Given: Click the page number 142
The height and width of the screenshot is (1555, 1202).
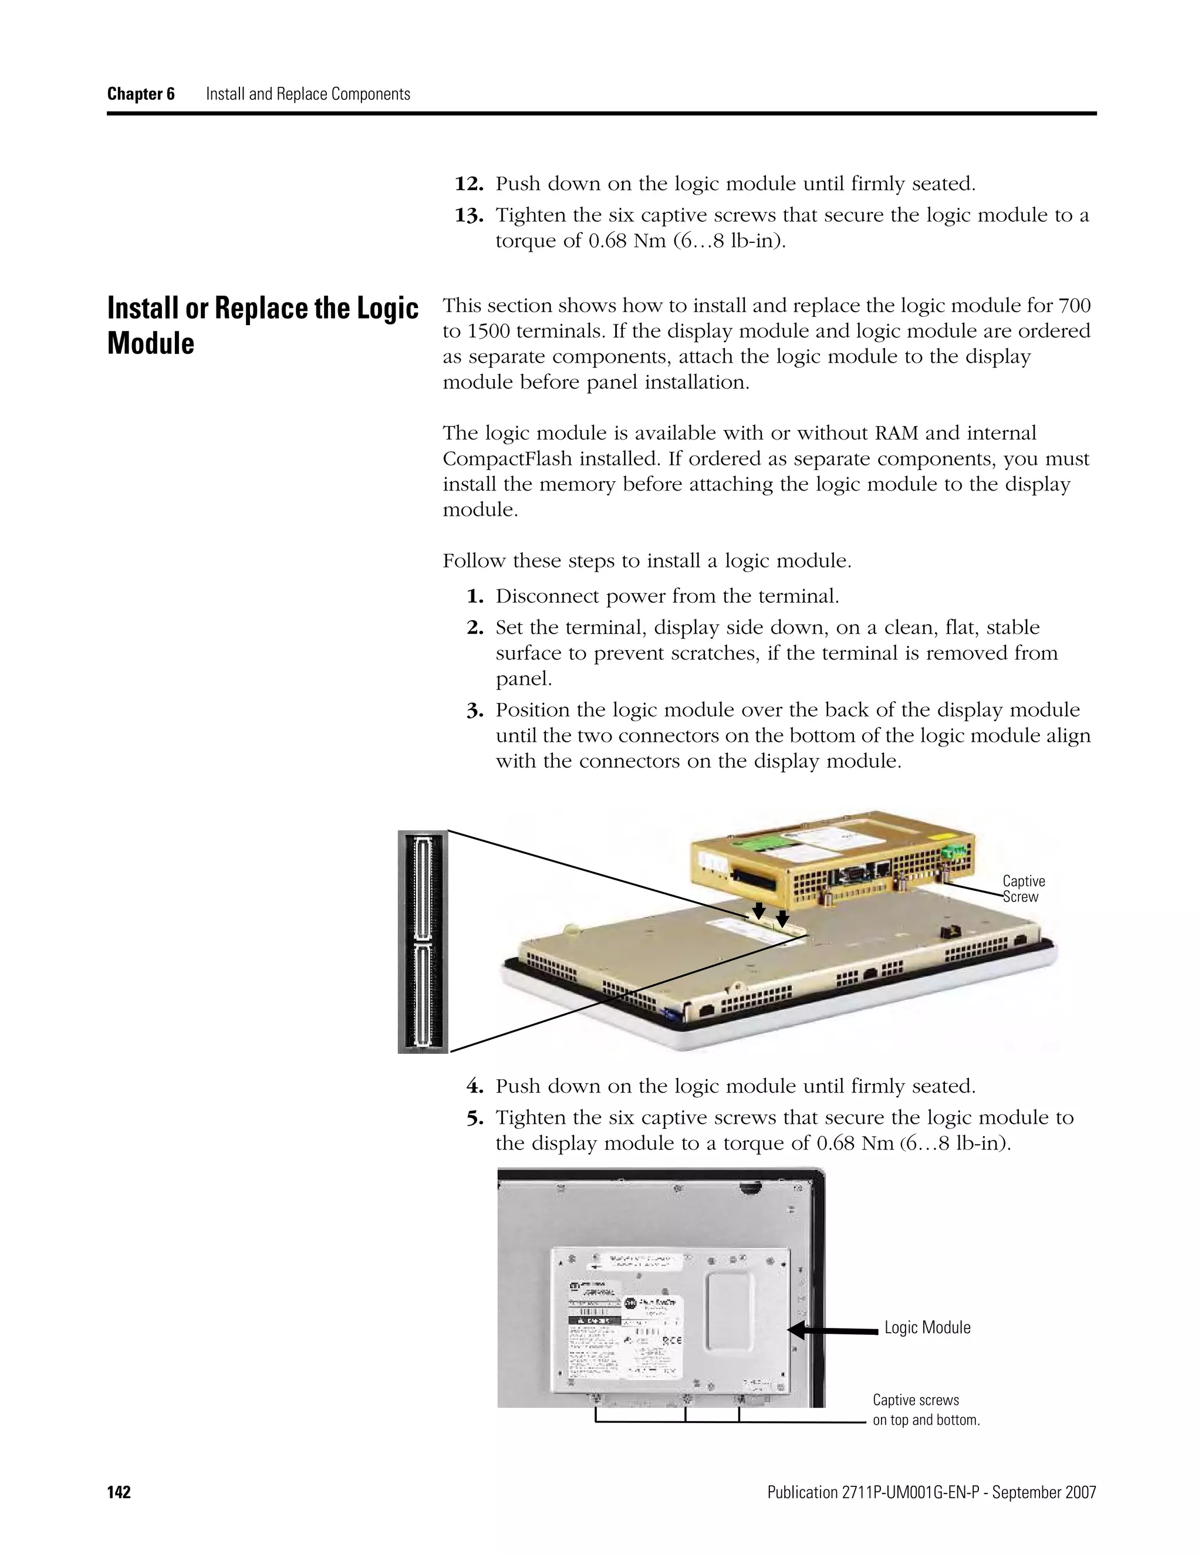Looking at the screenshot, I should click(x=119, y=1492).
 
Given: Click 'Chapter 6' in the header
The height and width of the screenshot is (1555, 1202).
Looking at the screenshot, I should click(x=141, y=94).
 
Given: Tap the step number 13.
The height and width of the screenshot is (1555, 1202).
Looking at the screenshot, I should click(x=470, y=215).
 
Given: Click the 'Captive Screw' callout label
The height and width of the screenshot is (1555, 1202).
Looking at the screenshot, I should click(x=1023, y=889).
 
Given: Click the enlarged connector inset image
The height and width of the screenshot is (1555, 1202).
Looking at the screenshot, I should click(x=423, y=941).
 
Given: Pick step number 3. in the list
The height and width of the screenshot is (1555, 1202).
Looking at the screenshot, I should click(x=475, y=711).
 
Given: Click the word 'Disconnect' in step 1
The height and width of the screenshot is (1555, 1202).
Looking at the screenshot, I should click(x=545, y=596).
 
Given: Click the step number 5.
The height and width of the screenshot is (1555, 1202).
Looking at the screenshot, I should click(x=475, y=1118).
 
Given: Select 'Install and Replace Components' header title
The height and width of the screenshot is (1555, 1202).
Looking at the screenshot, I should click(x=308, y=94).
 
